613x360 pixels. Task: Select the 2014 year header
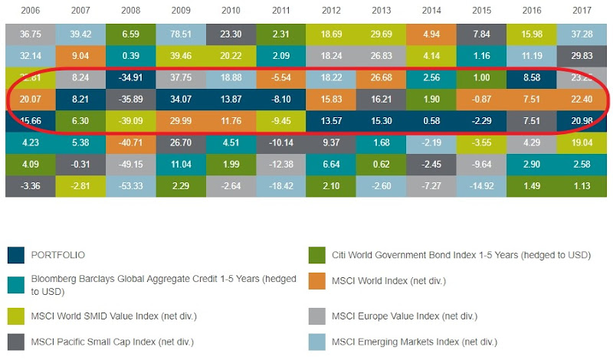pos(432,11)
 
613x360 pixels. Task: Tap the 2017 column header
pos(585,11)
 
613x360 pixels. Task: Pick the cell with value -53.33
pos(130,185)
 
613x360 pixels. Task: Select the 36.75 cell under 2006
pos(30,34)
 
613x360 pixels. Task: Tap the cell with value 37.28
pos(585,34)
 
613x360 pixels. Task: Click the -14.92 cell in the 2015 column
pos(483,185)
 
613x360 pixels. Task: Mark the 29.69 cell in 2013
pos(382,34)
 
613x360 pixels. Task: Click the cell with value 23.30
pos(231,34)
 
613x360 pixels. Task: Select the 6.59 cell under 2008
pos(130,34)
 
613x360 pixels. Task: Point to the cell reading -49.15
pos(130,163)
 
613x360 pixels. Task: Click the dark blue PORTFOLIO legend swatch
pos(15,255)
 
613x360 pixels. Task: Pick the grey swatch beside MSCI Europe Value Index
pos(318,316)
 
